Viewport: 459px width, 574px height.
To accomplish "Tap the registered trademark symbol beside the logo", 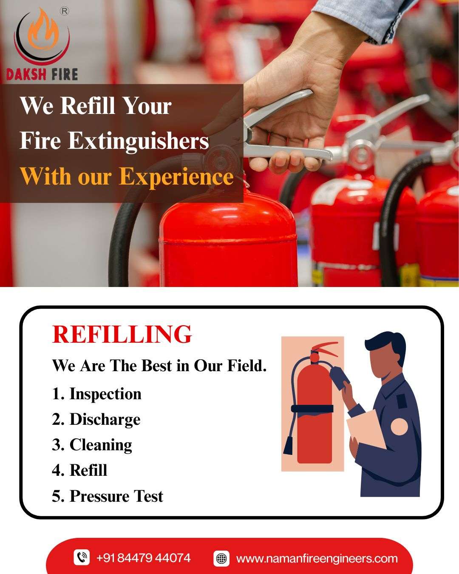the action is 65,11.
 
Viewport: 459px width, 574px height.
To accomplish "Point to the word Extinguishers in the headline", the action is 139,141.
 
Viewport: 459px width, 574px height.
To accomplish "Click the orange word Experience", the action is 176,176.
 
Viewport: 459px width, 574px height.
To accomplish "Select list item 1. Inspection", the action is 96,394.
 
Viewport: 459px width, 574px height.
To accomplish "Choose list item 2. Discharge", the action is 96,420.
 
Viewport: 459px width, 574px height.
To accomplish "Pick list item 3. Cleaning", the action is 92,445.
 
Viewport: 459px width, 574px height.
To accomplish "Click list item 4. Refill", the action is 79,470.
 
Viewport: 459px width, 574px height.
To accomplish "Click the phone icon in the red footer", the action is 82,557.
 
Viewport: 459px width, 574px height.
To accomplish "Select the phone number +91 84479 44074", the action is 144,557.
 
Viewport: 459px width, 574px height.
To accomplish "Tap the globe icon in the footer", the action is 221,558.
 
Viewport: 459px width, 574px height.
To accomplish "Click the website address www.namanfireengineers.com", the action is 317,558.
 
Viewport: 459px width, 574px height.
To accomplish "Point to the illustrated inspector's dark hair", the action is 387,344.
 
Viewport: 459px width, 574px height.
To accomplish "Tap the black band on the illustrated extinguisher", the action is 312,408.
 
